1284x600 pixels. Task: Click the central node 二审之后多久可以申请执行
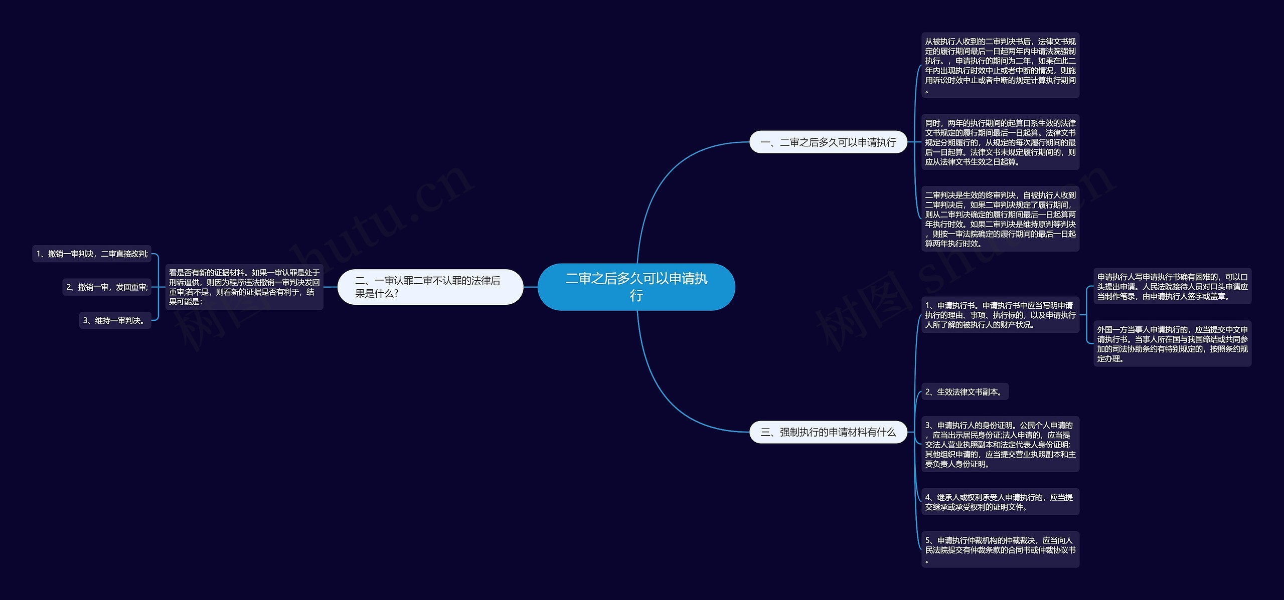(636, 287)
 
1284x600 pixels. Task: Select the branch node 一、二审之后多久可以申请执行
(828, 142)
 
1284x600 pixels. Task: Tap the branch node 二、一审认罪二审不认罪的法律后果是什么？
(430, 287)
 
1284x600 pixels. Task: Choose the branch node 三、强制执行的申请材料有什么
(828, 432)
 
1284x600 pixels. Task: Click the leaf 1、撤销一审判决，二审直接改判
(92, 254)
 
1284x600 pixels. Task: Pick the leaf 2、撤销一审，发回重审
(107, 287)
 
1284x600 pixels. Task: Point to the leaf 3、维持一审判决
(115, 320)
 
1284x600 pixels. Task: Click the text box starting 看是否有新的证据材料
(244, 287)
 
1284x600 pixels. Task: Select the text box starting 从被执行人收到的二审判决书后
(1000, 65)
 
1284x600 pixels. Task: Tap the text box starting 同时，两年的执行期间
(1000, 142)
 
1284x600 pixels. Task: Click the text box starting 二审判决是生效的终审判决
(1000, 219)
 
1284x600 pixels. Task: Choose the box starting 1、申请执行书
(1000, 315)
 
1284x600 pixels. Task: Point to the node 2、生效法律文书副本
(965, 392)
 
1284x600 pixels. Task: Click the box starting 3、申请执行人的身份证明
(1000, 445)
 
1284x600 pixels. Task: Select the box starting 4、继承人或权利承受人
(1000, 502)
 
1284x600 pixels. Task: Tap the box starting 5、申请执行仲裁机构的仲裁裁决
(1000, 550)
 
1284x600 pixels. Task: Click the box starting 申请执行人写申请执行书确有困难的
(1172, 286)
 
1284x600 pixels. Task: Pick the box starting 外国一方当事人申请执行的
(1172, 344)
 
